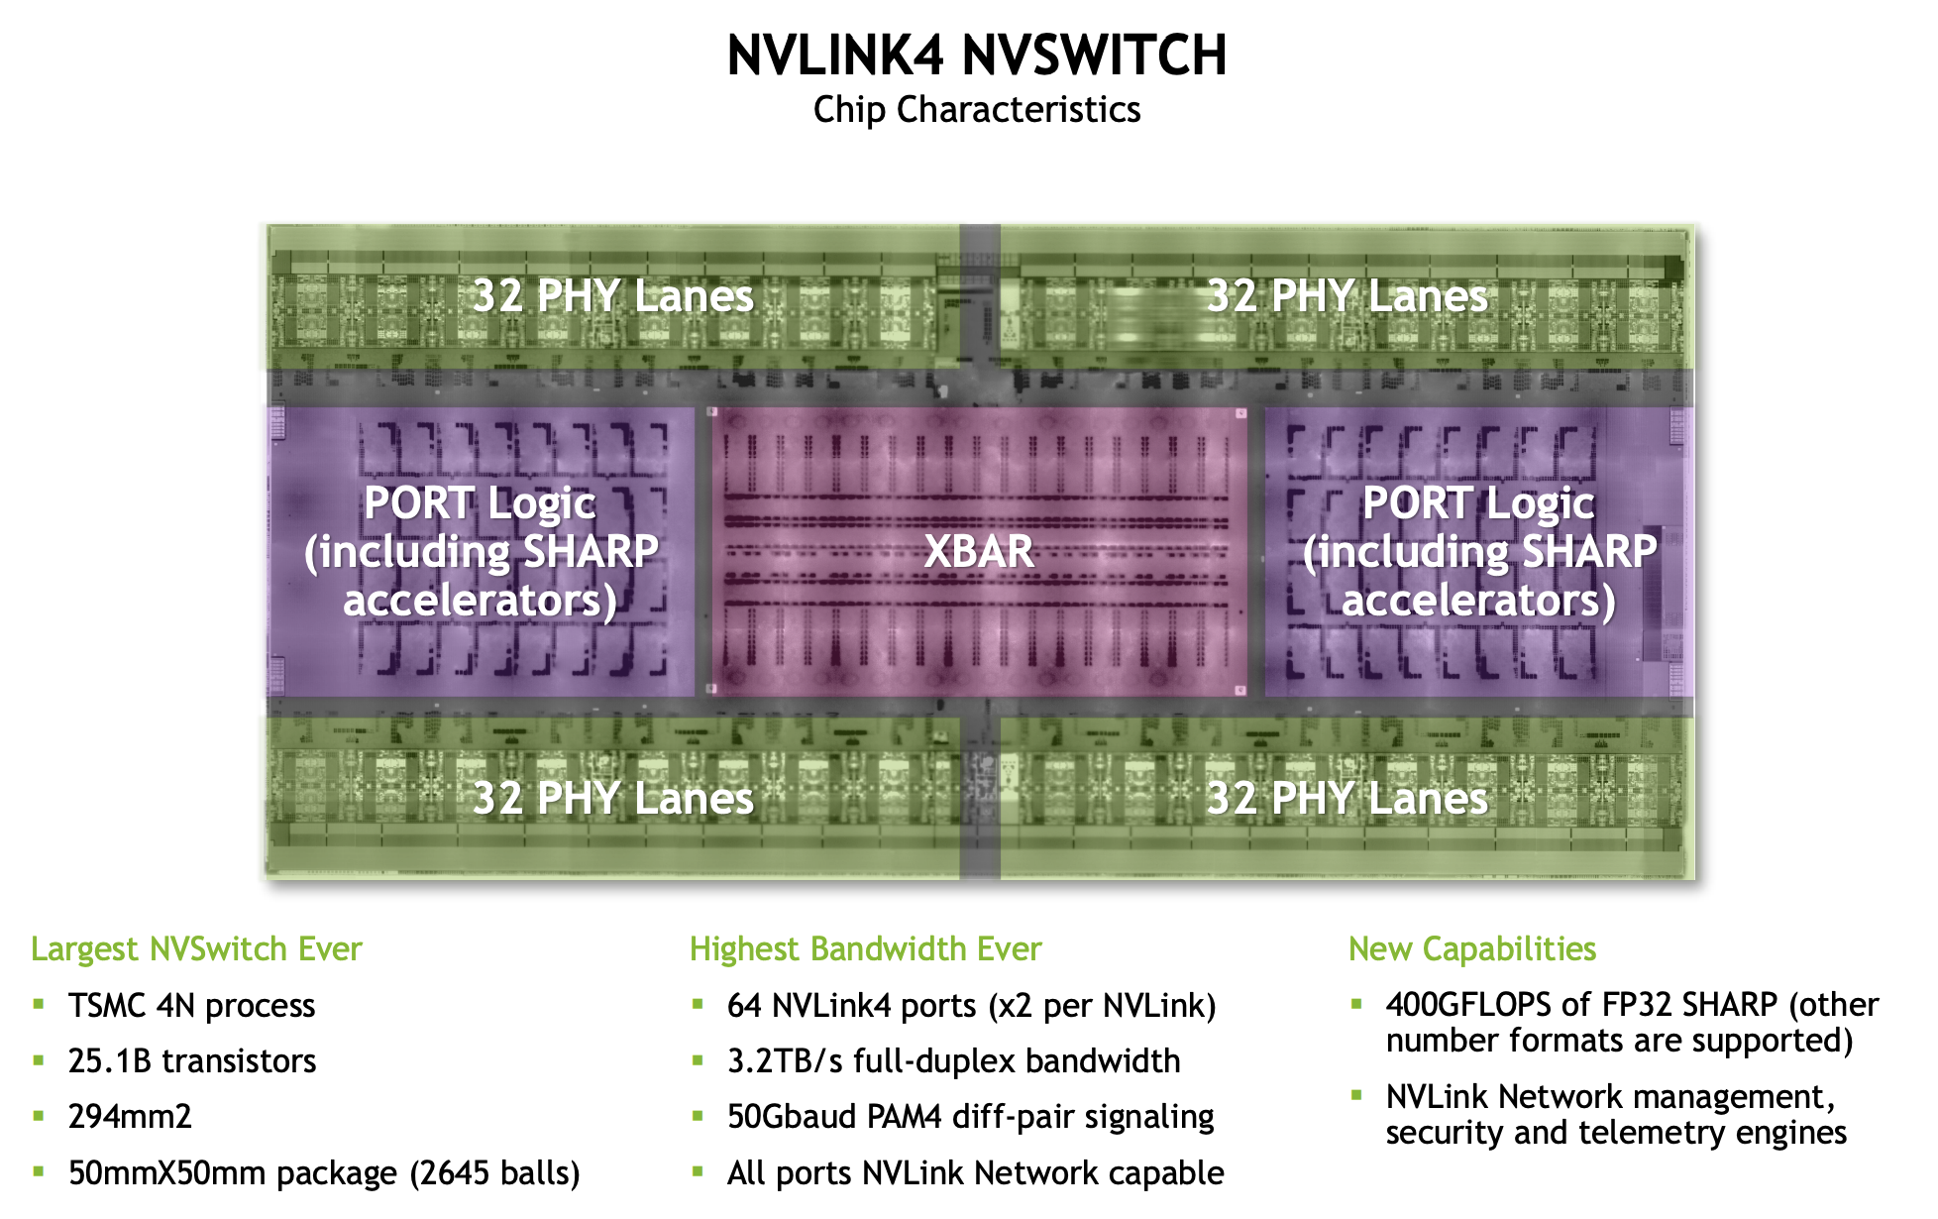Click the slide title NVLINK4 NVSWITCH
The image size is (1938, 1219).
(x=977, y=55)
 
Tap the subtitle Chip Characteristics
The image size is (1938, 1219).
(x=977, y=110)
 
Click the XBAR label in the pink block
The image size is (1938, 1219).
(x=979, y=551)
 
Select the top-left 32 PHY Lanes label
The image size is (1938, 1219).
(x=613, y=296)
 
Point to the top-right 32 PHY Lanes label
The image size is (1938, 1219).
(x=1347, y=296)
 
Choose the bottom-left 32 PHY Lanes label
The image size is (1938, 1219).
(x=613, y=799)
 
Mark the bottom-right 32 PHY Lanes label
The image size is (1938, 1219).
(x=1347, y=799)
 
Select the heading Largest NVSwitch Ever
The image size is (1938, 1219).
(x=196, y=949)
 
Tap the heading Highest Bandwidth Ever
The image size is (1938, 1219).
(x=865, y=949)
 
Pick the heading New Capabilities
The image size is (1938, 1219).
(x=1472, y=949)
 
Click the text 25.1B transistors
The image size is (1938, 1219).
(x=192, y=1061)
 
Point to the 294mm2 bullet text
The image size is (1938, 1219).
(x=130, y=1117)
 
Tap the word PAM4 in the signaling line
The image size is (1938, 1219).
(x=904, y=1117)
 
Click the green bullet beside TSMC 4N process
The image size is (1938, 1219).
(x=39, y=1004)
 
